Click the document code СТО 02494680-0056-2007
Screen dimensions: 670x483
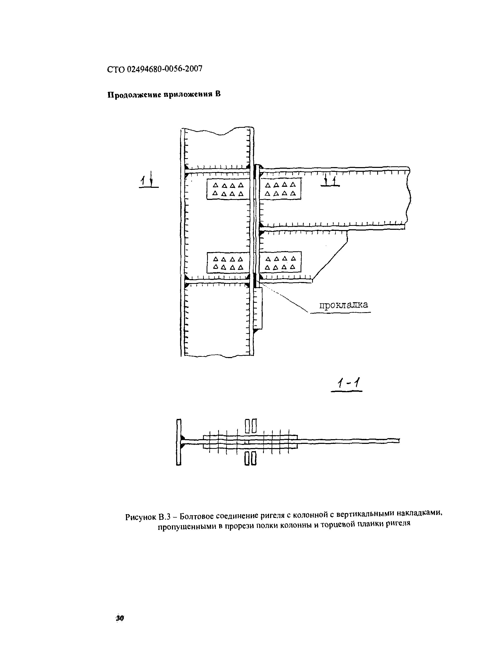155,69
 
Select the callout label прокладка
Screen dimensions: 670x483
343,305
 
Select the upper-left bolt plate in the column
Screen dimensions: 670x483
228,189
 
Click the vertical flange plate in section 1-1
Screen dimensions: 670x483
178,442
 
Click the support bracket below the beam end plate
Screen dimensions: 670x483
258,309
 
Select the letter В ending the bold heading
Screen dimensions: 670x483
218,94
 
